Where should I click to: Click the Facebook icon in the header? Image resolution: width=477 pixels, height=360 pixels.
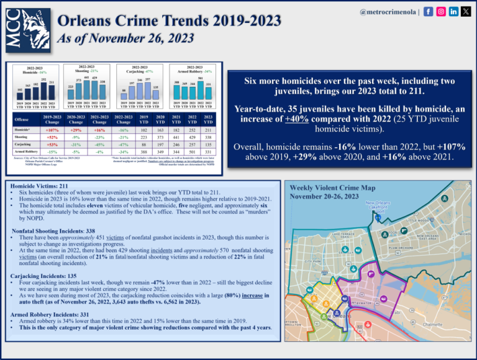[x=429, y=12]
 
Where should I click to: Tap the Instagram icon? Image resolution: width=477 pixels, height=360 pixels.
[x=441, y=12]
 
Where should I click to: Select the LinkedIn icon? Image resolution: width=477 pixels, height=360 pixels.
[x=453, y=12]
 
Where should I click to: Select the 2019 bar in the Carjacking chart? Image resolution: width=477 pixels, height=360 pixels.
[x=123, y=95]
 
